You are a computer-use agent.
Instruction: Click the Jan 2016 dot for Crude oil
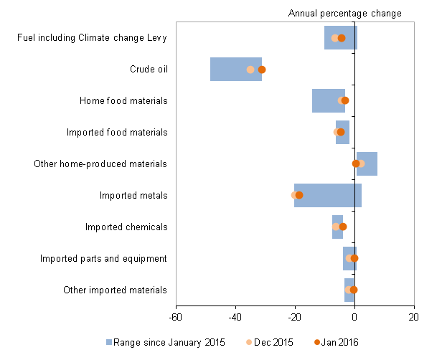262,70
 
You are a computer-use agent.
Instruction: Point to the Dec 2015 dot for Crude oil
250,70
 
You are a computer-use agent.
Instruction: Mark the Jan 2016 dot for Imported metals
299,195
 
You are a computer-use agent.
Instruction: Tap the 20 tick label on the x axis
413,316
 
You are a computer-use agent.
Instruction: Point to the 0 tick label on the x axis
354,316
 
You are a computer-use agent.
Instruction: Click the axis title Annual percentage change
344,14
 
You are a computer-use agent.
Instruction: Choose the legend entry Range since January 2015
166,342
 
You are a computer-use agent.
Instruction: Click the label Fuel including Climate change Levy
92,38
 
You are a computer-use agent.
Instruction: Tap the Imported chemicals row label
126,227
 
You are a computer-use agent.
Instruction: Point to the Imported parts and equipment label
103,258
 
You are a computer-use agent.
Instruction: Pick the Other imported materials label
115,290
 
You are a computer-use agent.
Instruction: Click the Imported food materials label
117,133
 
